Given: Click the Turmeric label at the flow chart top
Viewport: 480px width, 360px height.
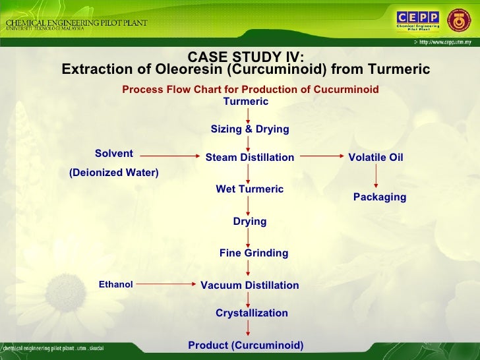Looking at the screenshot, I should point(246,102).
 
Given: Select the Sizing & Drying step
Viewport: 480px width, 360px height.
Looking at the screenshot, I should point(249,129).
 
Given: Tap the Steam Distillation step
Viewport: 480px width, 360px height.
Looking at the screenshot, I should point(249,158).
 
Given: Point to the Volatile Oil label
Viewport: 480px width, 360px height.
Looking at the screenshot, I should point(375,158).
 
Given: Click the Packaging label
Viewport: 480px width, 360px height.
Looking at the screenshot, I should point(380,197).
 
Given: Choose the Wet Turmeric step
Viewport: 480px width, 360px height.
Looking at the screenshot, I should point(249,189).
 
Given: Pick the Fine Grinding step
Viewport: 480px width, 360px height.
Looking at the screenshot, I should point(253,253).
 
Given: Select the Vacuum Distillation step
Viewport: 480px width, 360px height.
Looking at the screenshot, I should point(249,285).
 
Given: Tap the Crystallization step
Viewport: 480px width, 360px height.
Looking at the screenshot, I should point(251,313).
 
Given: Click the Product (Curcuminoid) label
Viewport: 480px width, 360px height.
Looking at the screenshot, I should point(246,345).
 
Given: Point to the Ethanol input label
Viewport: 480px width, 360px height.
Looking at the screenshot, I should point(115,285).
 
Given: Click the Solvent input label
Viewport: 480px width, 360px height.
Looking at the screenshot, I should point(114,154).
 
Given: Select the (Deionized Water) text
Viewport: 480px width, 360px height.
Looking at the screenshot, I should point(114,173).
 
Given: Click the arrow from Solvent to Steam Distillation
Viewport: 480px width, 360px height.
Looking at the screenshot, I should point(169,157).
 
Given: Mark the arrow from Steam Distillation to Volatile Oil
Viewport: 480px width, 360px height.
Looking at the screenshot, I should point(321,157).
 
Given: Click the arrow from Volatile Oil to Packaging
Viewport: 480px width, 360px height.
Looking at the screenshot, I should point(376,175).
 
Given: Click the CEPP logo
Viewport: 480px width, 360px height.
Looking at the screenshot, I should point(417,20).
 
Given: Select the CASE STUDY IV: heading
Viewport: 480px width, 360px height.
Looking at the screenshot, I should point(246,57).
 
